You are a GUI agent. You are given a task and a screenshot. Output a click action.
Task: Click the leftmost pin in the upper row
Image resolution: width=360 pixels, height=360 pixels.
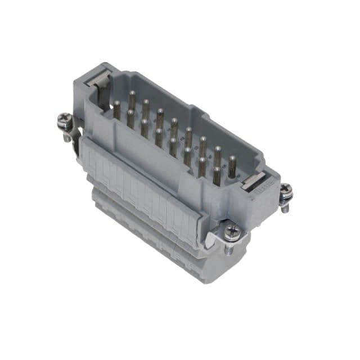pos(132,99)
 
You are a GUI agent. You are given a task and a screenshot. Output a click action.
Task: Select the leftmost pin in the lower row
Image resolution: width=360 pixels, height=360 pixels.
pos(117,110)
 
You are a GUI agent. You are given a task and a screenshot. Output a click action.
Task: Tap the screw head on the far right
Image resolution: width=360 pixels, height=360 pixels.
pos(286,191)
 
